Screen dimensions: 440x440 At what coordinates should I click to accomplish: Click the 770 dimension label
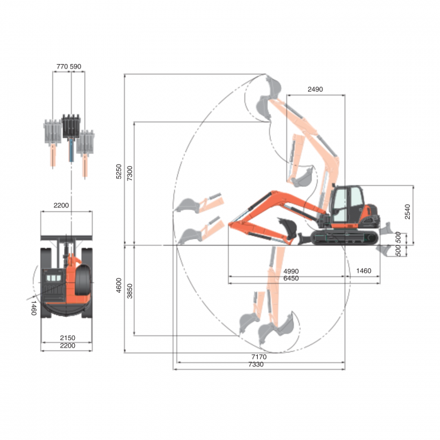(62, 65)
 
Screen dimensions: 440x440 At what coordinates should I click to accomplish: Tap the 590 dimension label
(76, 65)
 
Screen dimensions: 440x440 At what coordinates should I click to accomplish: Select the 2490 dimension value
(315, 89)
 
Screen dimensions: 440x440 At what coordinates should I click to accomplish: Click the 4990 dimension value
(292, 271)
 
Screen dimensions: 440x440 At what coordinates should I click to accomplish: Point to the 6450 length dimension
(292, 278)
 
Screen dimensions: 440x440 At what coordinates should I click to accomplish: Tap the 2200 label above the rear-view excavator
(61, 206)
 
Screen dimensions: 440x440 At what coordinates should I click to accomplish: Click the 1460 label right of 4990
(363, 271)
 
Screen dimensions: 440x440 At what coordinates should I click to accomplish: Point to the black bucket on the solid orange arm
(287, 227)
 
